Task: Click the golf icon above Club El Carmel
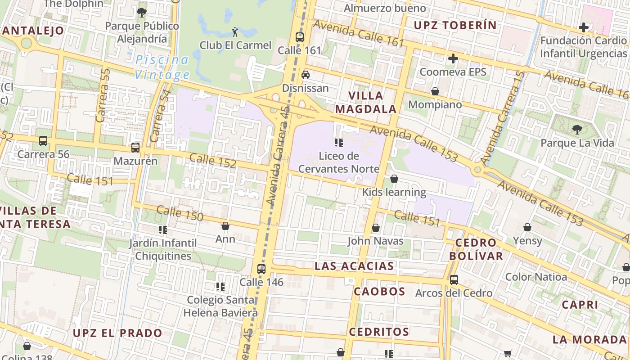(234, 31)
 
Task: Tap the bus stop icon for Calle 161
(299, 37)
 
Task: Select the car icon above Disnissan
(306, 75)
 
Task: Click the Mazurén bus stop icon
(135, 148)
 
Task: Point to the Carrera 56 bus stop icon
(43, 141)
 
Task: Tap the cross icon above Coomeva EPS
(453, 58)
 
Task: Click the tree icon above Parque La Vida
(577, 130)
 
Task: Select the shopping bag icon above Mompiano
(435, 92)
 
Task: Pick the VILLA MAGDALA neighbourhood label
(366, 102)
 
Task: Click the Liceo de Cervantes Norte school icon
(339, 143)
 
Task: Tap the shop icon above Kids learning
(394, 179)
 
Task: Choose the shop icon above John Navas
(376, 228)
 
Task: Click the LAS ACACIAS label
(354, 266)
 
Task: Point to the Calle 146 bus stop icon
(261, 269)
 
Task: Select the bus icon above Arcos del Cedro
(454, 280)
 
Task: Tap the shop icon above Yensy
(527, 228)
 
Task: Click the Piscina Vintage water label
(162, 67)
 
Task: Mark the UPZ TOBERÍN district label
(454, 25)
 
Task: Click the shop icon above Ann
(225, 226)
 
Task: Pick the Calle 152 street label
(213, 161)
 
